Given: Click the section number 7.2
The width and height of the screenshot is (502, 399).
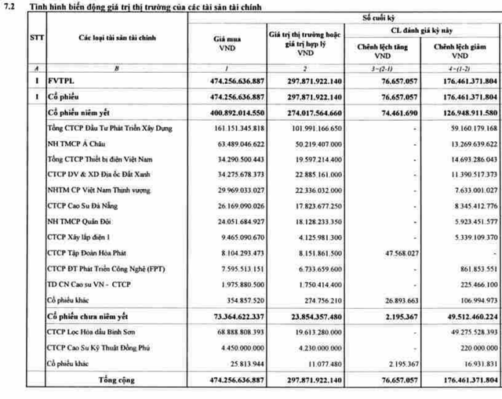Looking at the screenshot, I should click(x=9, y=6).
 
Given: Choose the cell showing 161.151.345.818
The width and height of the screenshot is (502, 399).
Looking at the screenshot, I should click(x=233, y=129).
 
